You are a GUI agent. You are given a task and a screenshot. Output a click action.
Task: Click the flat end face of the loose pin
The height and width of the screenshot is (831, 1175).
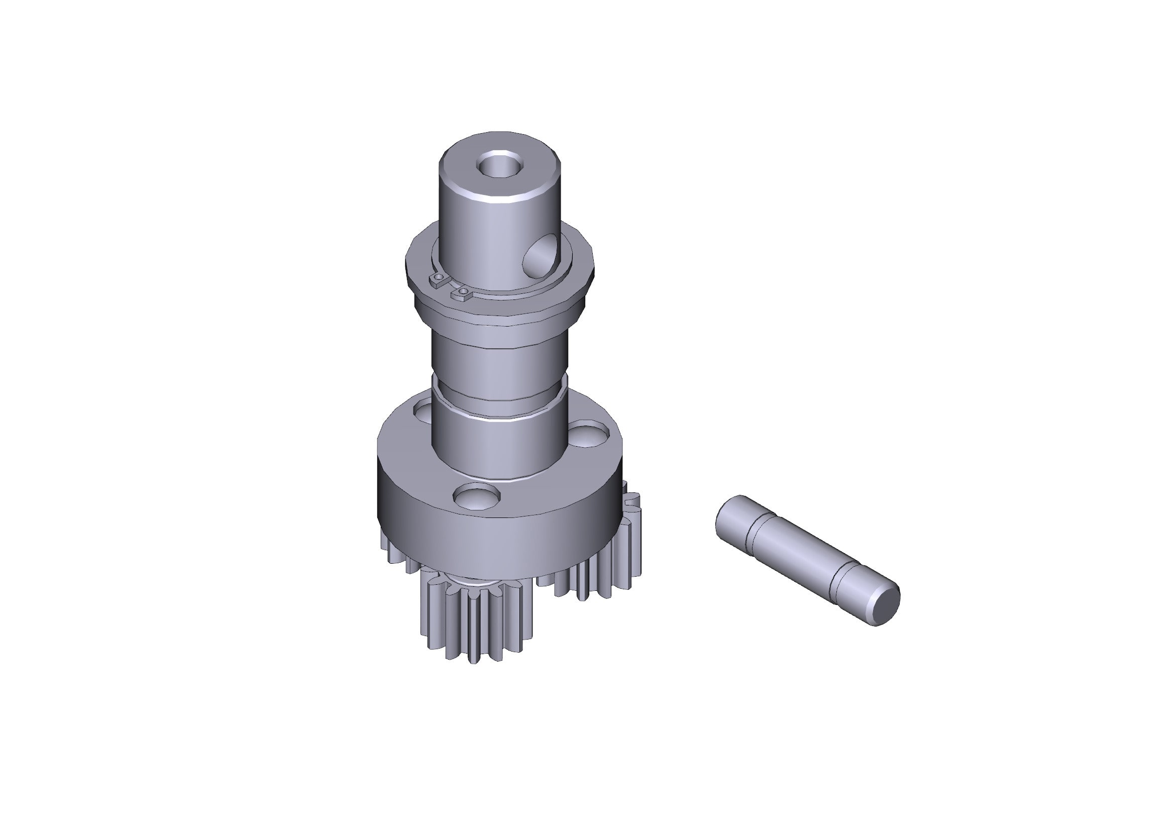tap(885, 606)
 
